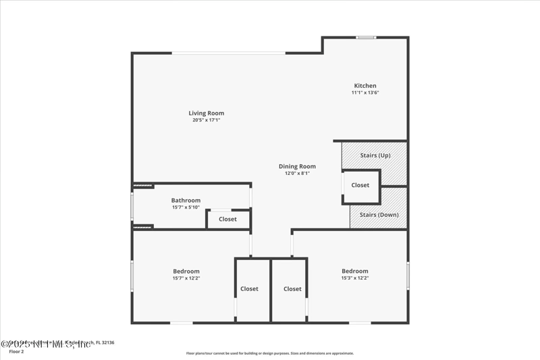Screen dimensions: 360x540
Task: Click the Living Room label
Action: (206, 113)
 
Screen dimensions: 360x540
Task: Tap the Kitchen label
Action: (365, 86)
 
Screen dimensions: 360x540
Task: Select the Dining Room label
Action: (297, 166)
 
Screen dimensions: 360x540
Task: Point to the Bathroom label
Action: (186, 200)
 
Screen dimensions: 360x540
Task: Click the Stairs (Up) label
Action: (375, 155)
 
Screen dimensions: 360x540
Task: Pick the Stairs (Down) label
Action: (379, 215)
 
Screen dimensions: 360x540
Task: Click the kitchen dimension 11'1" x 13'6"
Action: (365, 93)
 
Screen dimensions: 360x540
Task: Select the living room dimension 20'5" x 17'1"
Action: (206, 120)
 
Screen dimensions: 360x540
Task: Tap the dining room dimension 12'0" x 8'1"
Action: (297, 174)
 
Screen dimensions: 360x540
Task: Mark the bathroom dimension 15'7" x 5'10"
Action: (186, 207)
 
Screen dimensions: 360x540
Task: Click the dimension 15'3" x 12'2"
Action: (354, 278)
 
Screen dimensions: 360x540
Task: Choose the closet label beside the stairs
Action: (360, 185)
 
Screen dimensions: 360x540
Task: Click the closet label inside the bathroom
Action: (227, 219)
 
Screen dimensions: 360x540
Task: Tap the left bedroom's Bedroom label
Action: (186, 271)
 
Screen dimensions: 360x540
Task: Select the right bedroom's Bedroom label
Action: (354, 271)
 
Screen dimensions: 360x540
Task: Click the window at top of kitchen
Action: (366, 38)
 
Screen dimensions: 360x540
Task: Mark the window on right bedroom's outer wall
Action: (408, 276)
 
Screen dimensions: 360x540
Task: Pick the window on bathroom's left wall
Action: (132, 207)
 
